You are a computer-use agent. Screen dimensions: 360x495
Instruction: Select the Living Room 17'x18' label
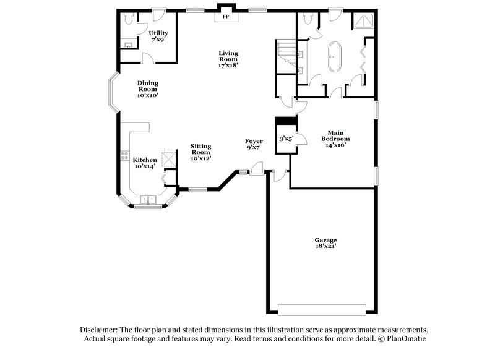228,59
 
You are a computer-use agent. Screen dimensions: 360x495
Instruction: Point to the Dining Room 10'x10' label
148,89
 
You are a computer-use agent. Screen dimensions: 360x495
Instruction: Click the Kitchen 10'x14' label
145,163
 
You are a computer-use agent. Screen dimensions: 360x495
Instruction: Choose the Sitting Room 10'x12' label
200,152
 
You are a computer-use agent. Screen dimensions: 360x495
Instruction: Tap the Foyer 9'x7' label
254,145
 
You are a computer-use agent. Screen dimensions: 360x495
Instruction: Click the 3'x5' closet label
286,139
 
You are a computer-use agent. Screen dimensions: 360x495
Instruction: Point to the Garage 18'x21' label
325,243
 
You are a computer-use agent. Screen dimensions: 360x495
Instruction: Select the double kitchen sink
148,199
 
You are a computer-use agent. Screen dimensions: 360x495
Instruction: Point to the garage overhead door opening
325,309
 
